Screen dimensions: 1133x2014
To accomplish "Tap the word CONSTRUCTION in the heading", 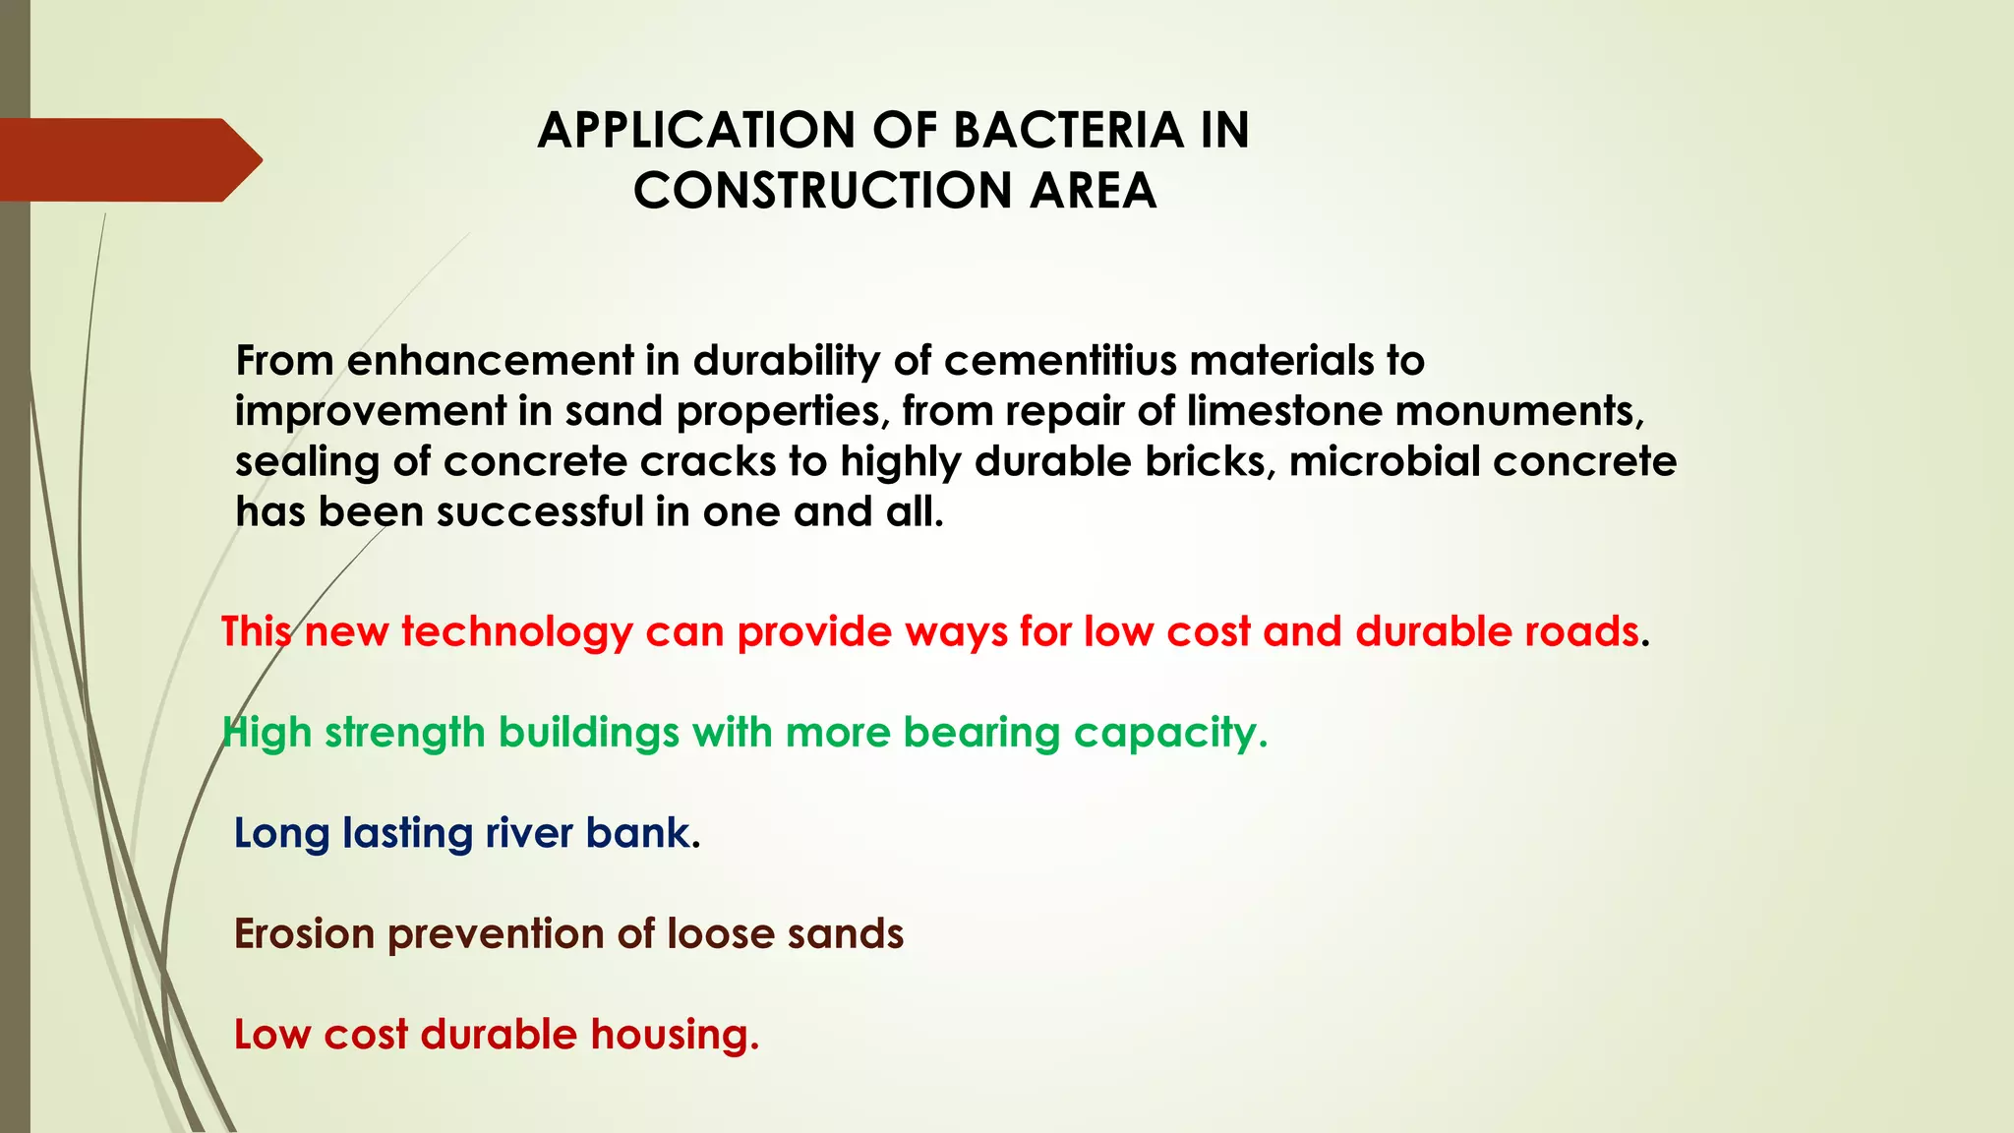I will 822,191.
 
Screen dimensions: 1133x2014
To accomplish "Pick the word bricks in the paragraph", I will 1210,462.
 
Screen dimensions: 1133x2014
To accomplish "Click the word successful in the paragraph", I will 540,512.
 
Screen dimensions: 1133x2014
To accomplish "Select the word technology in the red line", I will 516,631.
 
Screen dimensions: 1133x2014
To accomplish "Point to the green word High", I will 267,734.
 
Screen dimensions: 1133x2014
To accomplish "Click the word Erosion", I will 304,934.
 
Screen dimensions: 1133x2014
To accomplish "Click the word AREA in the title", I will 1093,191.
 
